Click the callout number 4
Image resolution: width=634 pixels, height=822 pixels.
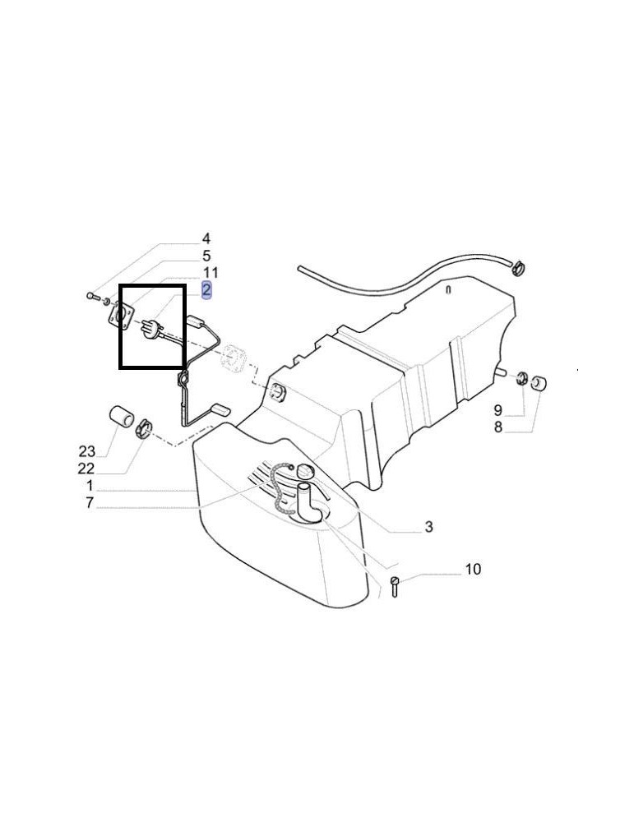tap(206, 239)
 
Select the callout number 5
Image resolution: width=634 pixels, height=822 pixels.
tap(206, 256)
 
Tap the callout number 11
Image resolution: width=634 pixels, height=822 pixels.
tap(211, 273)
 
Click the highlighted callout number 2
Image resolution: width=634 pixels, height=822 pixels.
tap(206, 289)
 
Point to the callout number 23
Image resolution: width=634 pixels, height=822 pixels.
tap(87, 450)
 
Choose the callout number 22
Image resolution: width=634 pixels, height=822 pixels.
tap(86, 468)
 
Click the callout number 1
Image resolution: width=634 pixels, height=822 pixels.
tap(90, 485)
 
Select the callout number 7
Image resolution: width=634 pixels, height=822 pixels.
tap(90, 503)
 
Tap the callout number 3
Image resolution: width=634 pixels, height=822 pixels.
tap(429, 526)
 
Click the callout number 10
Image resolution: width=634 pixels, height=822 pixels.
tap(473, 569)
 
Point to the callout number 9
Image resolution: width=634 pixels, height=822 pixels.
tap(497, 410)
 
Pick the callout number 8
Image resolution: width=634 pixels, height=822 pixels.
tap(497, 427)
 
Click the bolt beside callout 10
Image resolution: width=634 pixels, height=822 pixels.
tap(395, 585)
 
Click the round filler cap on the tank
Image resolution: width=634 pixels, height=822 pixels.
tap(304, 470)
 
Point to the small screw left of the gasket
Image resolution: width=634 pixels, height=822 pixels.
tap(94, 297)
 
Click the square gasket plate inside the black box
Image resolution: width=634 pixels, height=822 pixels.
tap(121, 317)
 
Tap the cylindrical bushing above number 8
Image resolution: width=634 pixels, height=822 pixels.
tap(539, 383)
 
